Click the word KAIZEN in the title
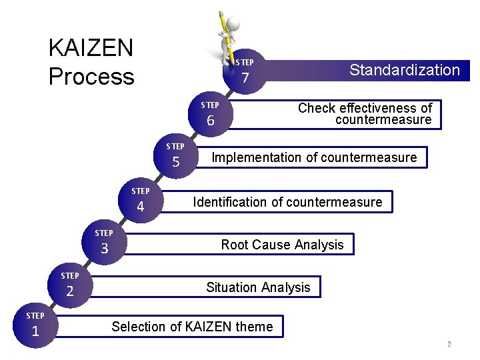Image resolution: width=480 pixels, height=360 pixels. pyautogui.click(x=91, y=48)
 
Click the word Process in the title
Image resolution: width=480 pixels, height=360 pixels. pyautogui.click(x=91, y=77)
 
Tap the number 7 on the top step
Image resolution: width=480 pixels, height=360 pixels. pyautogui.click(x=245, y=79)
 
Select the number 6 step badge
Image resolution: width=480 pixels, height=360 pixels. pyautogui.click(x=211, y=121)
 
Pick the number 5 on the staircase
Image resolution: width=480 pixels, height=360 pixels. pyautogui.click(x=176, y=162)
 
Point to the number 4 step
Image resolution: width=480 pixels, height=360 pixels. pyautogui.click(x=140, y=207)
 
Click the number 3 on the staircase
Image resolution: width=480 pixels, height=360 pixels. pyautogui.click(x=104, y=249)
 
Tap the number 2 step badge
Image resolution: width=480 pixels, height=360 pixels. pyautogui.click(x=69, y=291)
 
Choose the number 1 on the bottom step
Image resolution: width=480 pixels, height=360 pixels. pyautogui.click(x=35, y=331)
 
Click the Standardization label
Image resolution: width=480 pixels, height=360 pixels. pyautogui.click(x=405, y=70)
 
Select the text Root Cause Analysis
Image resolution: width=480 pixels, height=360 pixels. pyautogui.click(x=282, y=245)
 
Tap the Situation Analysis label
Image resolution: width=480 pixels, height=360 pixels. pyautogui.click(x=258, y=287)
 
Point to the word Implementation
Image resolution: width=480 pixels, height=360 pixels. pyautogui.click(x=256, y=158)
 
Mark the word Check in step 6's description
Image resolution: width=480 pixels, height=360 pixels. pyautogui.click(x=317, y=108)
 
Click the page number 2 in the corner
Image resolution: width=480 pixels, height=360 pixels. pyautogui.click(x=449, y=345)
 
